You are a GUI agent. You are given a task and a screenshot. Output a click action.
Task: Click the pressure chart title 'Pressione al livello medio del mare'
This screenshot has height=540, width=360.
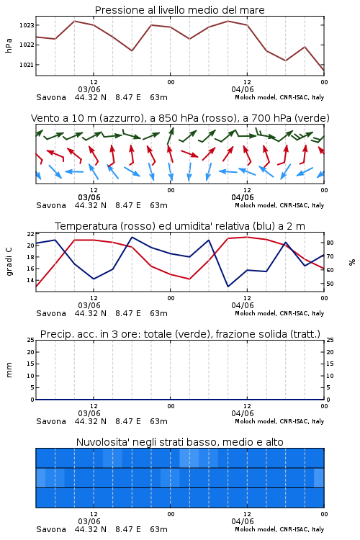[x=179, y=10]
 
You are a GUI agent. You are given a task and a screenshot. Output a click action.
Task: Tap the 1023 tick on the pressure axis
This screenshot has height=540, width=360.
[x=27, y=25]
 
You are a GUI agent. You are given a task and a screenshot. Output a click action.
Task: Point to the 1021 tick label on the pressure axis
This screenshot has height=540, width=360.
[x=27, y=65]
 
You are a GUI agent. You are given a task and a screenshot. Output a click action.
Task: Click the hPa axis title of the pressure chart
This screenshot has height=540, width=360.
[x=9, y=45]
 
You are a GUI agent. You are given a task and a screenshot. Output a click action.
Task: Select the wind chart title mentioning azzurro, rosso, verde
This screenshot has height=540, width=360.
[x=180, y=118]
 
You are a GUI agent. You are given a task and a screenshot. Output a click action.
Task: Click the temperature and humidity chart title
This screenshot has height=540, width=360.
[x=180, y=226]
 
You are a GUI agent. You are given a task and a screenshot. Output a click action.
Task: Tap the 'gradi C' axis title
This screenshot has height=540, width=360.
[x=9, y=262]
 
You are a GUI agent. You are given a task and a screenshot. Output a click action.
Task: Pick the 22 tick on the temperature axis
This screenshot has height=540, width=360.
[x=31, y=234]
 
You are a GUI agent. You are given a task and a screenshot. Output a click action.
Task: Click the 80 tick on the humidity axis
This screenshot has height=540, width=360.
[x=330, y=243]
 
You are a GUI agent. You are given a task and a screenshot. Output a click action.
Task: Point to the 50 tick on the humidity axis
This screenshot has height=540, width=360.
[x=330, y=284]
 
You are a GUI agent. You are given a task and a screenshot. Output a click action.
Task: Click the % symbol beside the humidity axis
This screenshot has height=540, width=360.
[x=352, y=262]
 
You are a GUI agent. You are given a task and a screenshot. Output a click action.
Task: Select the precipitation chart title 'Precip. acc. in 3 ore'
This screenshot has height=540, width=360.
[x=180, y=334]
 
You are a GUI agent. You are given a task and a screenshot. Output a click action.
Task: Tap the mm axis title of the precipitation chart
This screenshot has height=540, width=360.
[x=9, y=370]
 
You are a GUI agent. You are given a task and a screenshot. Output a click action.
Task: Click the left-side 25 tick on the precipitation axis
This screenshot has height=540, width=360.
[x=31, y=340]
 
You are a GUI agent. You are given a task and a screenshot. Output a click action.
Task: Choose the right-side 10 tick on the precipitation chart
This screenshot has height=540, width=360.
[x=330, y=376]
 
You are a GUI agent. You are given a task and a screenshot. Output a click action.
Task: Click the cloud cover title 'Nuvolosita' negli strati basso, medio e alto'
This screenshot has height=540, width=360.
[x=179, y=442]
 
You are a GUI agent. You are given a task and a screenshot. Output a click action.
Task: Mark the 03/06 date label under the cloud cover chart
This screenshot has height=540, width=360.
[x=89, y=521]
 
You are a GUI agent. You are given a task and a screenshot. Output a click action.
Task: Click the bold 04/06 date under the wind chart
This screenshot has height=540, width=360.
[x=243, y=197]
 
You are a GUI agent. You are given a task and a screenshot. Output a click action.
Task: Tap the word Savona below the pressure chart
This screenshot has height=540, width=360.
[x=51, y=97]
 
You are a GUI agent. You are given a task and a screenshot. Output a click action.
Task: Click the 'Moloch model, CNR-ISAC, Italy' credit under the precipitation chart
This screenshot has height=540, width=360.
[x=279, y=421]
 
